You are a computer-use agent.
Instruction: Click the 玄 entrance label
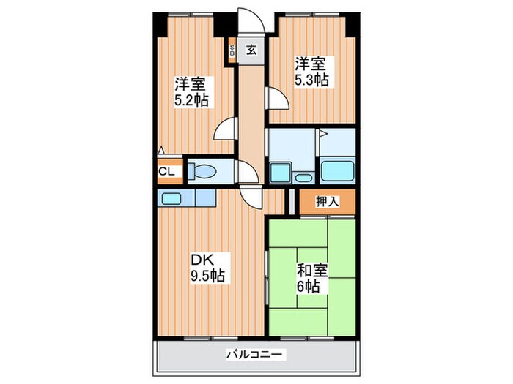251,50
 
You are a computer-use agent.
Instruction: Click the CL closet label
166,172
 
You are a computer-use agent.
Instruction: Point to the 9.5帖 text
209,276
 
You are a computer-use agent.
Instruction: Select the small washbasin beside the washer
303,176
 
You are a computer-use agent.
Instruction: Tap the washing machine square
281,173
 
